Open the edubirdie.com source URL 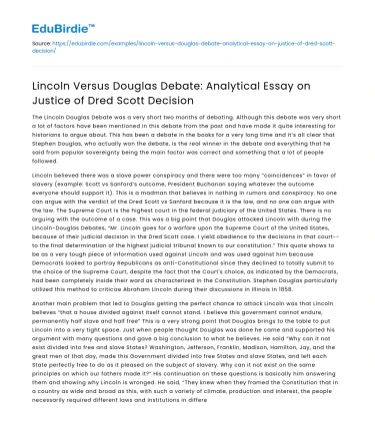tap(200, 47)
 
